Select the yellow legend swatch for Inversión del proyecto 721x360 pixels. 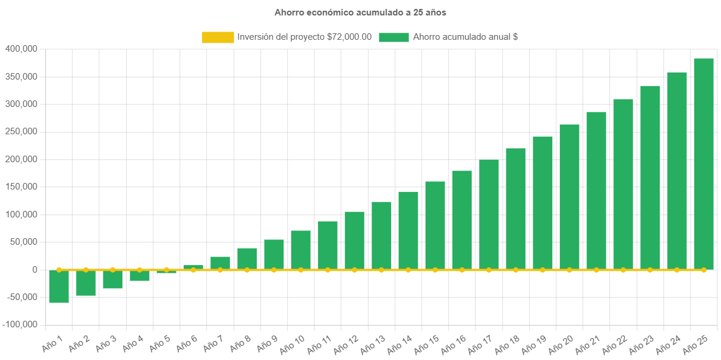pos(218,37)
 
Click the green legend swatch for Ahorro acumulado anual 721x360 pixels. pos(393,37)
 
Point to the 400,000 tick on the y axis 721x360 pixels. pos(21,49)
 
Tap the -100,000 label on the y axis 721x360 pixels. pos(20,325)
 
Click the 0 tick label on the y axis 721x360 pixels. pos(35,270)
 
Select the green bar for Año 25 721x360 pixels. pos(703,164)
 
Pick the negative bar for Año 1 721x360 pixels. pos(59,286)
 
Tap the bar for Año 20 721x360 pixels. pos(569,197)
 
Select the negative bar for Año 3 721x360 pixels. pos(112,279)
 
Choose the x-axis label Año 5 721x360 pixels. pos(159,343)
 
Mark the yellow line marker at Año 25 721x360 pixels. pos(703,270)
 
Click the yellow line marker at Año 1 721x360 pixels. pos(59,270)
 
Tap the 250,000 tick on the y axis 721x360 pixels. pos(21,131)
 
